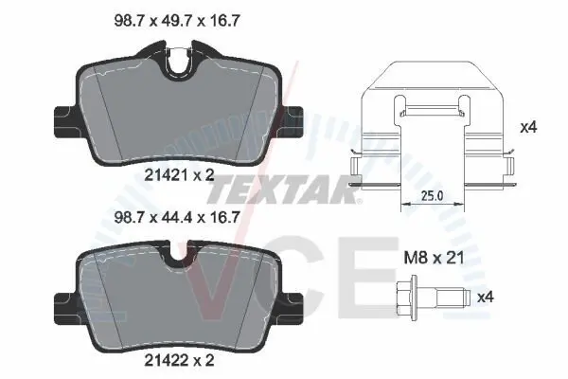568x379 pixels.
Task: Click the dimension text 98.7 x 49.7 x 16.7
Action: (176, 21)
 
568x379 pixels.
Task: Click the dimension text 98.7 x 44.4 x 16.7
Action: (176, 217)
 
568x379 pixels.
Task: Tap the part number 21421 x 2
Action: (179, 175)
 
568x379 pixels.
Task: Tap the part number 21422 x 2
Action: (179, 360)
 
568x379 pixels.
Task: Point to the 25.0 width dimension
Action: (433, 196)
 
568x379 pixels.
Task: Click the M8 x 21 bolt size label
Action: (434, 258)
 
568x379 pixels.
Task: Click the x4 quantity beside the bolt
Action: (486, 298)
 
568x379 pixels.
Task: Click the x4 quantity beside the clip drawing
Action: (528, 127)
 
